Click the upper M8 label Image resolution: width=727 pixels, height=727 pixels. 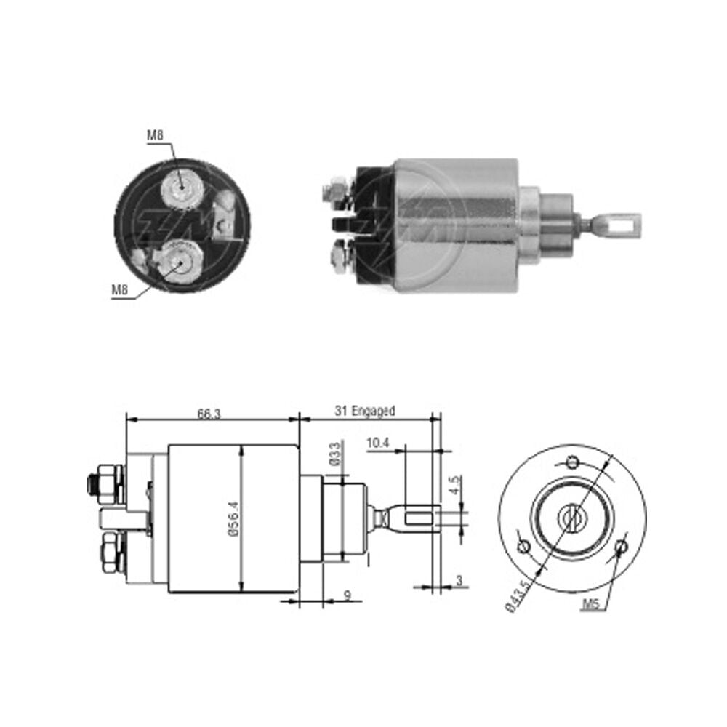pyautogui.click(x=156, y=135)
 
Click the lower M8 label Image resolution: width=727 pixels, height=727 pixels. pyautogui.click(x=120, y=290)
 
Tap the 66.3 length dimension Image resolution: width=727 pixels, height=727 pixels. pyautogui.click(x=209, y=414)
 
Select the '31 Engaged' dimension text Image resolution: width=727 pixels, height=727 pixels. pyautogui.click(x=365, y=411)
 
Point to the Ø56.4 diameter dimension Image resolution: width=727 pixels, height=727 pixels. pyautogui.click(x=234, y=519)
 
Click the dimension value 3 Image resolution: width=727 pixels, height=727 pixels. pyautogui.click(x=459, y=580)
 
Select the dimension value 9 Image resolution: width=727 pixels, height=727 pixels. pyautogui.click(x=348, y=595)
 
